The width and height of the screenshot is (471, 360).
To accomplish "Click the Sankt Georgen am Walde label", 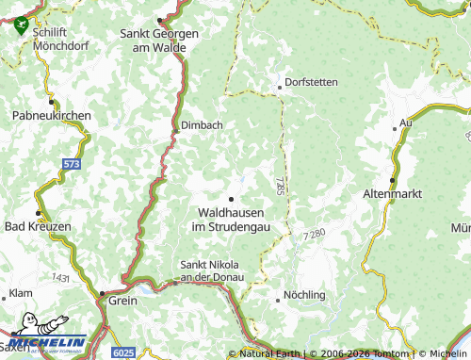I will coord(158,40).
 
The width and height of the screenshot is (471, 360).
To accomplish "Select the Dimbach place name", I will coord(202,124).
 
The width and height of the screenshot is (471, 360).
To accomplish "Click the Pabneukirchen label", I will coord(51,115).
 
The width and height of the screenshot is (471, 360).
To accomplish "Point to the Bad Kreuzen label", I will coord(38,227).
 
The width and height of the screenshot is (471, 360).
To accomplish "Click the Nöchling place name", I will coord(304,295).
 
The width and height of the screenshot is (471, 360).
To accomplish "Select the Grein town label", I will coord(123,302).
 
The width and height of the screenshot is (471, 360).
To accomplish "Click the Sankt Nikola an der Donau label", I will coord(212,270).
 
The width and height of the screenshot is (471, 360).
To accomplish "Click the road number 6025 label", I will coord(123,352).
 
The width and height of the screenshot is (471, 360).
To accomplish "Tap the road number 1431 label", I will coord(62,278).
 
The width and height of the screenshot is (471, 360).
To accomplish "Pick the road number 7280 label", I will coord(317,233).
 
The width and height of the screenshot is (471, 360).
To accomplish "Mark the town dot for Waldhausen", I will coord(231,198).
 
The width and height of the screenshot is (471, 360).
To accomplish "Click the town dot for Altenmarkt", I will coord(392,179).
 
